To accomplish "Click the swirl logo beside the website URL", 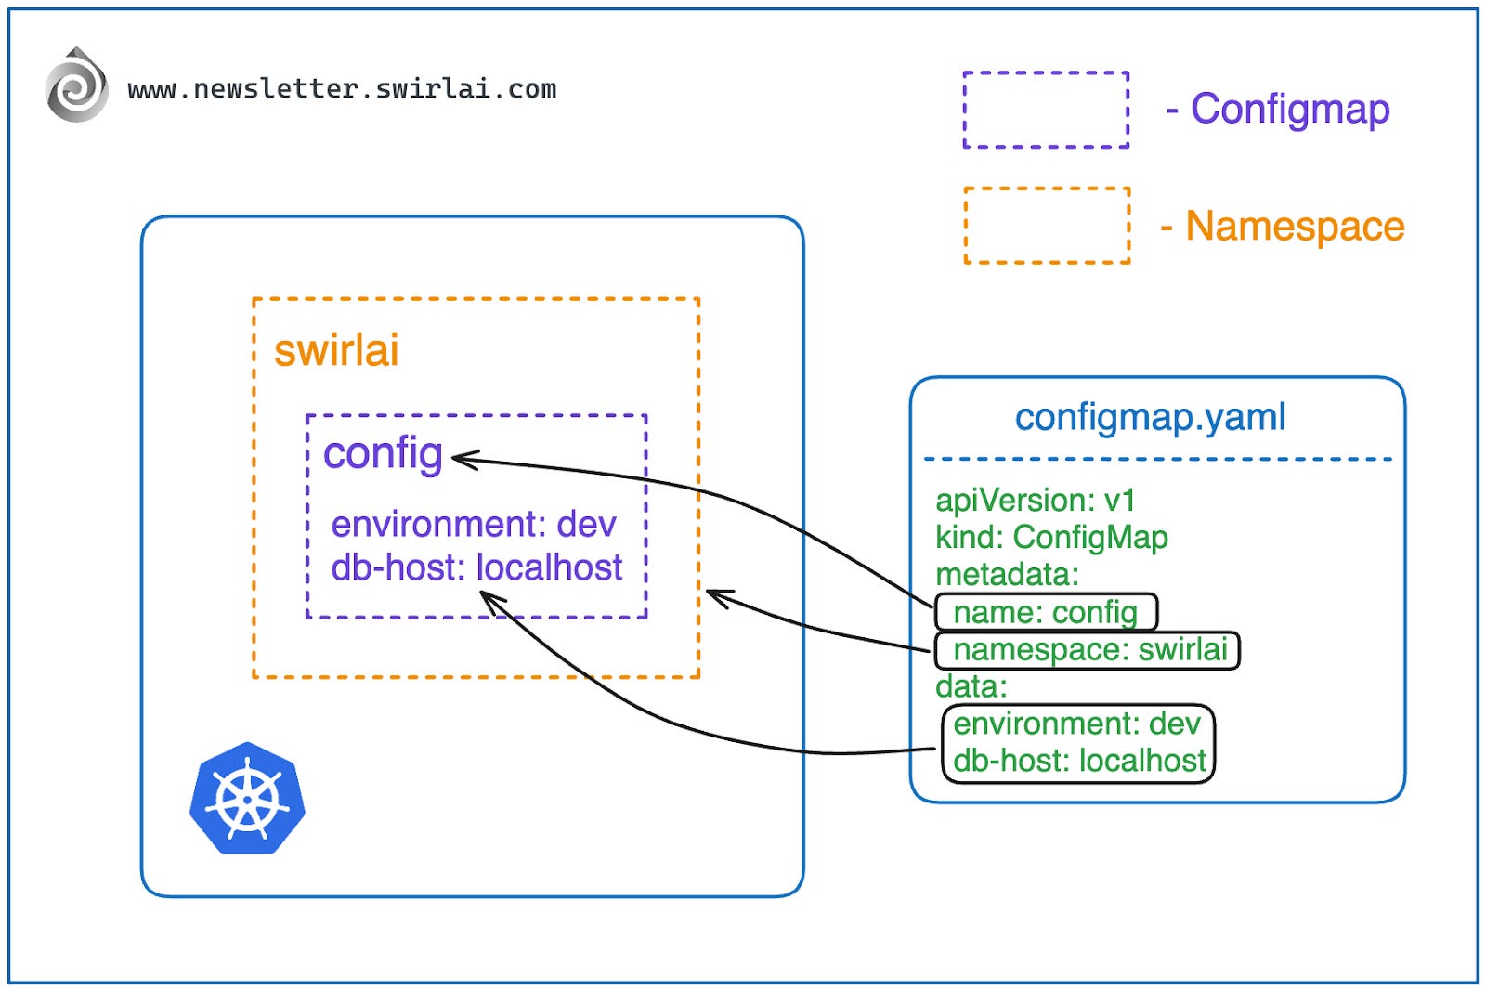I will point(76,86).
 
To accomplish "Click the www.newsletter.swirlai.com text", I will point(342,89).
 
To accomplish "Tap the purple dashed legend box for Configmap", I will point(1046,110).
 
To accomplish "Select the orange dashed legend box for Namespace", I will point(1047,226).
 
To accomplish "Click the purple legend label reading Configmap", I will point(1289,109).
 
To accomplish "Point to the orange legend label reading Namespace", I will point(1294,227).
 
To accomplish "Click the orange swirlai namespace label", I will point(335,351).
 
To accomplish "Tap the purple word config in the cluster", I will point(382,453).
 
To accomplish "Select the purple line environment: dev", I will point(473,525).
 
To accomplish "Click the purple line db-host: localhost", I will point(476,567).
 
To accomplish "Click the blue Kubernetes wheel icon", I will point(247,799).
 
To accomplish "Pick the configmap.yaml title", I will point(1150,417).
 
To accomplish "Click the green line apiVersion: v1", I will point(1035,501).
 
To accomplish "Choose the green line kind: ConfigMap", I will point(1050,538).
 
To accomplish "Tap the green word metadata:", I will point(1007,575).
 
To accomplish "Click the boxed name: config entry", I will point(1045,613).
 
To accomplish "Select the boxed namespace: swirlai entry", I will point(1088,650).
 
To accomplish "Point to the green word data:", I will point(971,687).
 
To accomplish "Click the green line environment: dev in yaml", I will point(1075,724).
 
